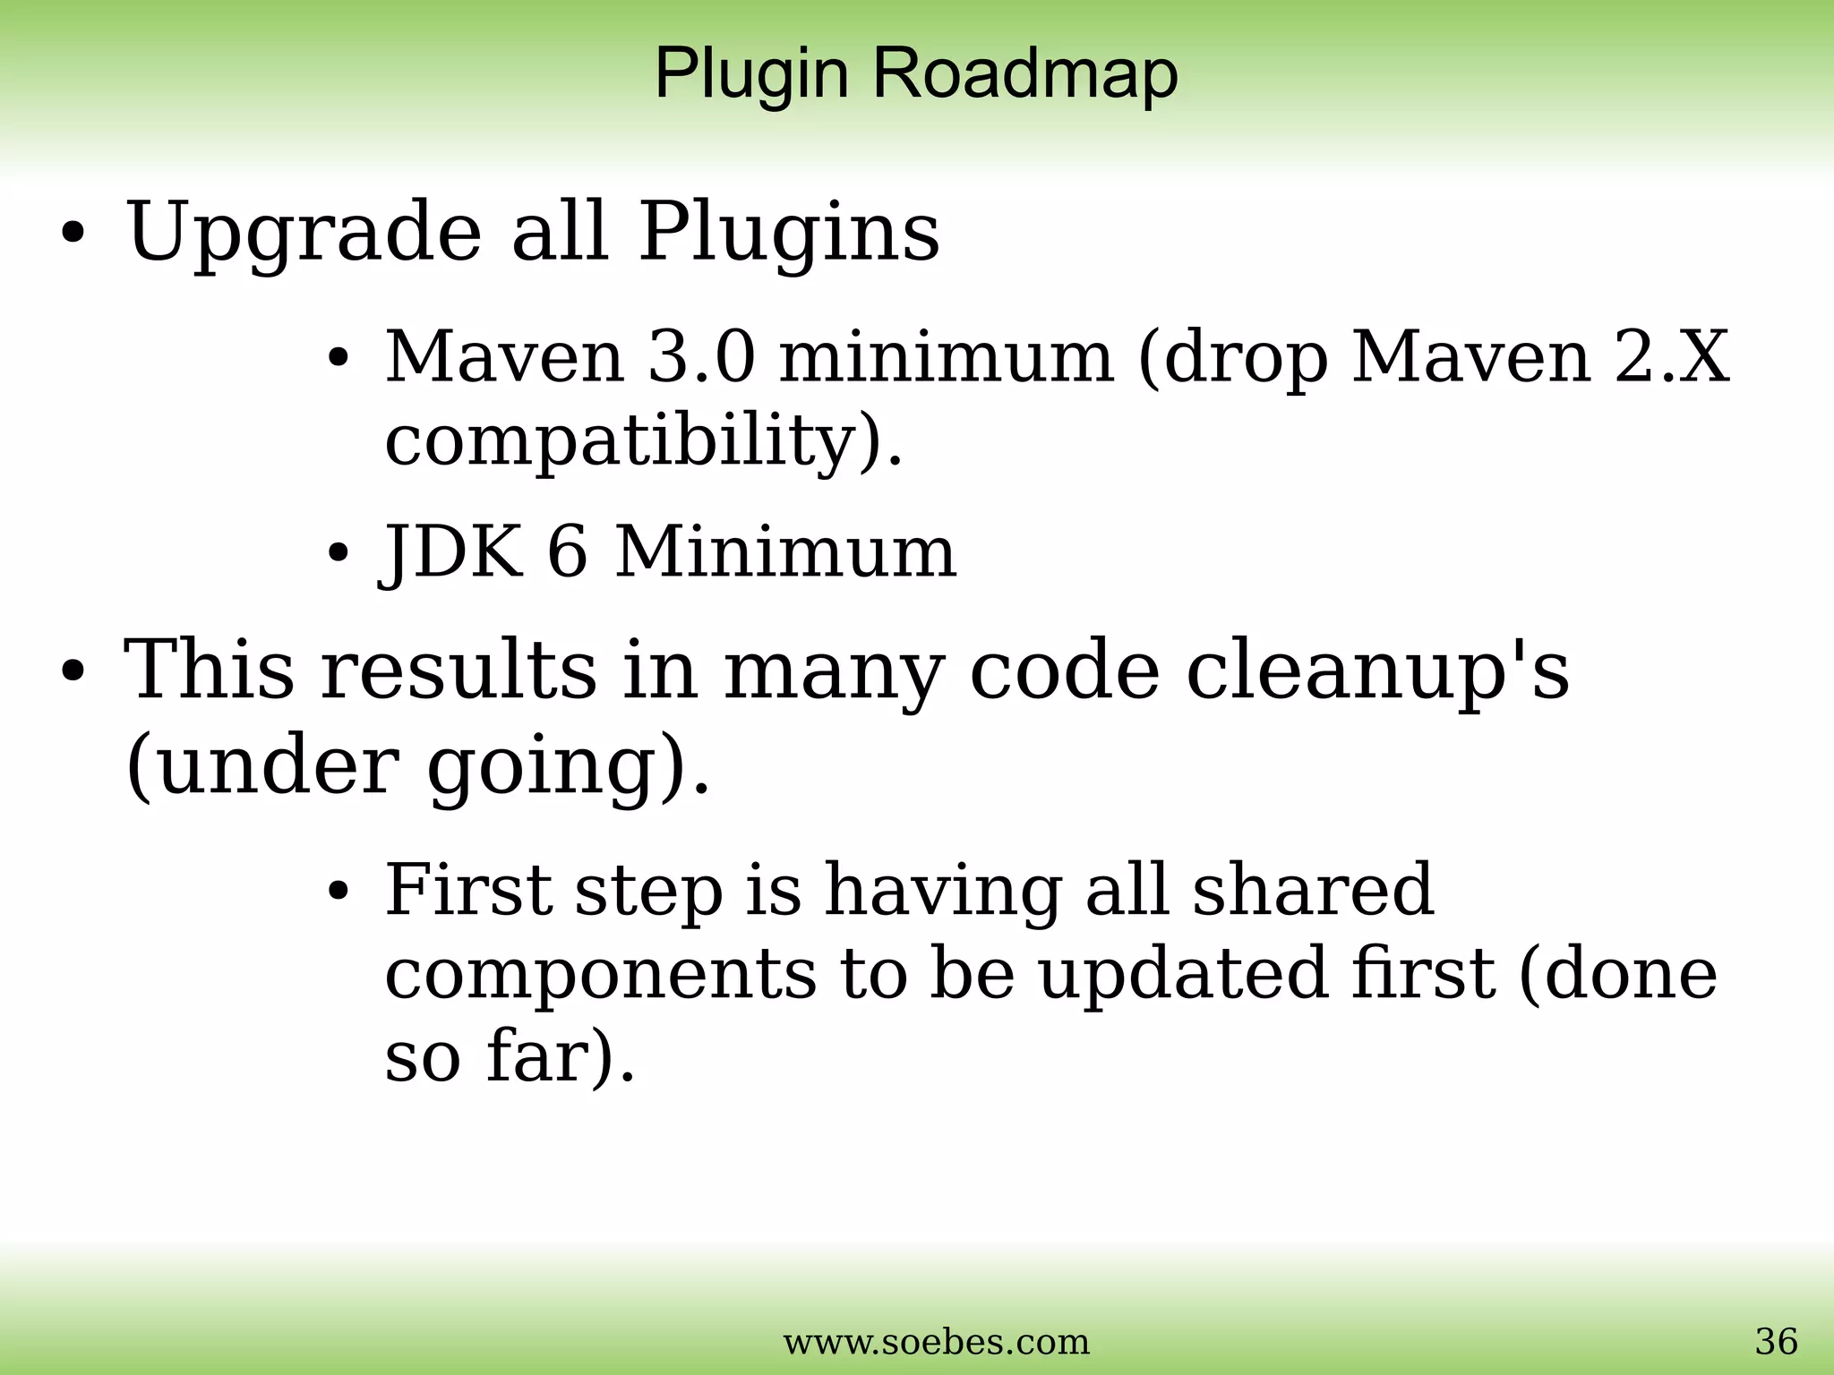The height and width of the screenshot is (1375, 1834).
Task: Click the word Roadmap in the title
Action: point(1024,73)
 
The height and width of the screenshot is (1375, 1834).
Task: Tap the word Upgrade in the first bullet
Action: point(304,233)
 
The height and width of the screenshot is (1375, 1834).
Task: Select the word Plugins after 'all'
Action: point(788,233)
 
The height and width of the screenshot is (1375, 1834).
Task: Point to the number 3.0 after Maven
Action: point(701,357)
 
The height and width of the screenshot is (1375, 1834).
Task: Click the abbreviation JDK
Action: point(453,551)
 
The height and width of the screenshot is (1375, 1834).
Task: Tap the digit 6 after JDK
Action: point(568,551)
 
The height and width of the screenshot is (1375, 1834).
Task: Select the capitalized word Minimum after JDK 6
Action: point(785,551)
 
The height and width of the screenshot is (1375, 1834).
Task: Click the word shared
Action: point(1312,890)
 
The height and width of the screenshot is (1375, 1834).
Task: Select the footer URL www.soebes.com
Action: point(937,1341)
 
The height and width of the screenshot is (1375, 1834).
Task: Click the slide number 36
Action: point(1776,1341)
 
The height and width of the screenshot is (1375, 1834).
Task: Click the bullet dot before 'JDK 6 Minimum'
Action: point(338,553)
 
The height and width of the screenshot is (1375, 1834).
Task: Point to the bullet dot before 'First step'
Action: point(338,892)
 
